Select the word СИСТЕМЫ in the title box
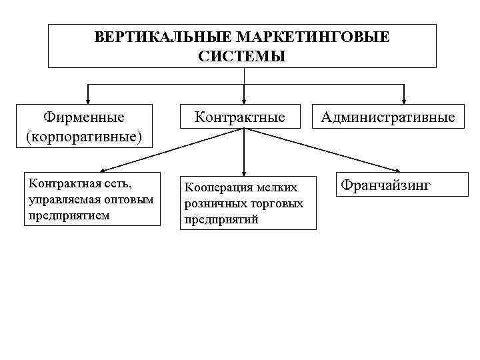[242, 56]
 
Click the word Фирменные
[83, 117]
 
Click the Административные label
[388, 117]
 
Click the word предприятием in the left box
[65, 215]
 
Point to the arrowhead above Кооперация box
[244, 171]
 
